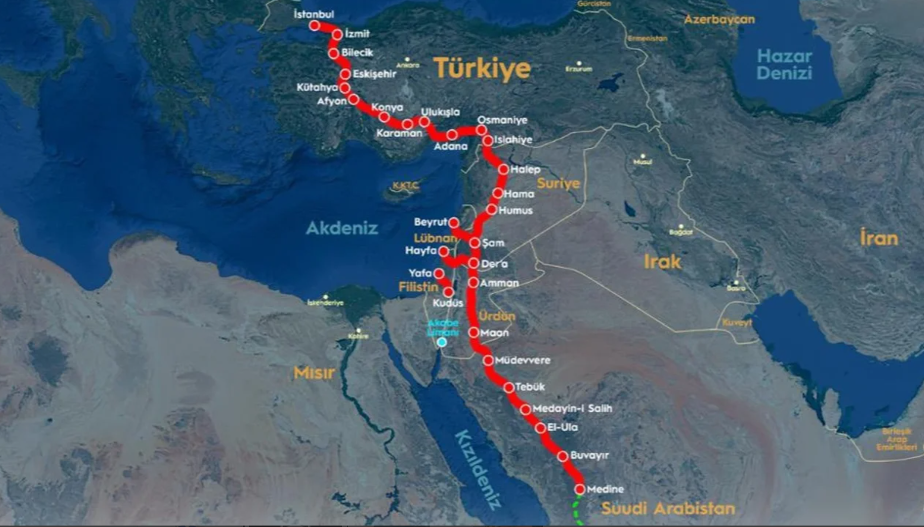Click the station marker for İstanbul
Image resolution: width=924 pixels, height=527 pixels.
(315, 25)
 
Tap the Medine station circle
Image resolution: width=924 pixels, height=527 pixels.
(580, 489)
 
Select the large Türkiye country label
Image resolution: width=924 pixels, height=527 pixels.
(482, 68)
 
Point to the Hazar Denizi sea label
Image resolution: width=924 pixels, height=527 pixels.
(784, 64)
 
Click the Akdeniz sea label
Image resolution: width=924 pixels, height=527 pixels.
(342, 228)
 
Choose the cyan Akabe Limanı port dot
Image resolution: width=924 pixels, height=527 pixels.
(442, 342)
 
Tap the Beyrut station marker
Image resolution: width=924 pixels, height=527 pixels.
(454, 223)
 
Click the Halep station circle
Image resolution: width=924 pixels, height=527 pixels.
(504, 169)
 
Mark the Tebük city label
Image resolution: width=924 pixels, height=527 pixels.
(530, 387)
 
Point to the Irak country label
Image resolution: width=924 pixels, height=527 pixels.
(662, 262)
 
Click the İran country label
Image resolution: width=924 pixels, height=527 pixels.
(879, 238)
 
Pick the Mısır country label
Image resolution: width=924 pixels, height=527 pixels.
(314, 373)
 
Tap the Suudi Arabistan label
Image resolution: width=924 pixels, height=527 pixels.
(668, 508)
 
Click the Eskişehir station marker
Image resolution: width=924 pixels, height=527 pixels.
(345, 75)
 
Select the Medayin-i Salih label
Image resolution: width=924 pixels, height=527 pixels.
(572, 408)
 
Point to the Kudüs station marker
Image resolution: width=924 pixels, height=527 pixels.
(449, 292)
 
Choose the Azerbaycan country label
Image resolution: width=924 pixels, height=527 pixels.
(719, 20)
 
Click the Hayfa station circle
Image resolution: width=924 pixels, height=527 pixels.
(443, 252)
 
